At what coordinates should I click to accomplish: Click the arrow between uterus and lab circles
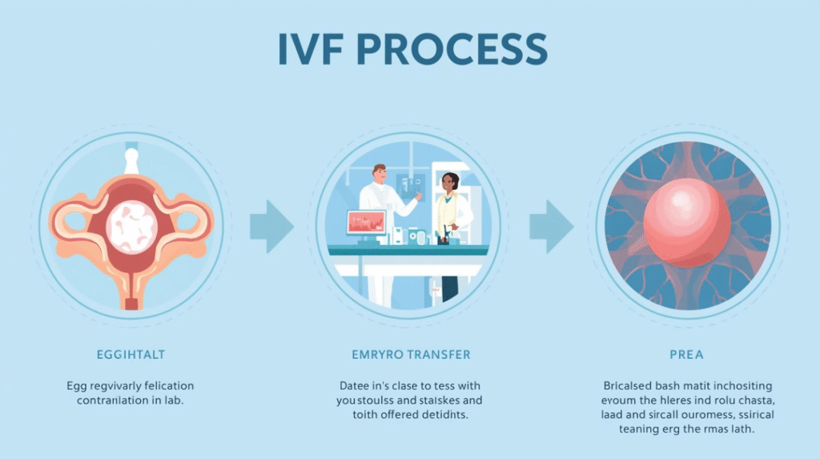(271, 227)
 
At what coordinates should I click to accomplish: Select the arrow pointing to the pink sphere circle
(551, 227)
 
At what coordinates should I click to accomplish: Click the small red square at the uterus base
(131, 303)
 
